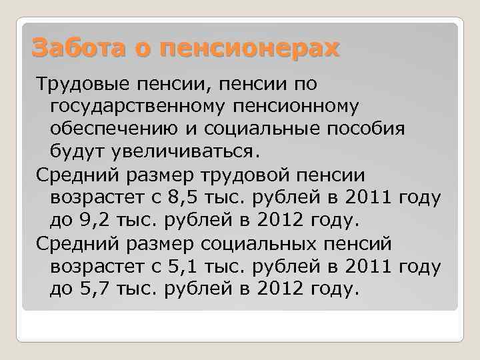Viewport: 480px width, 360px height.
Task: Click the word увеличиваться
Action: (x=175, y=151)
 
